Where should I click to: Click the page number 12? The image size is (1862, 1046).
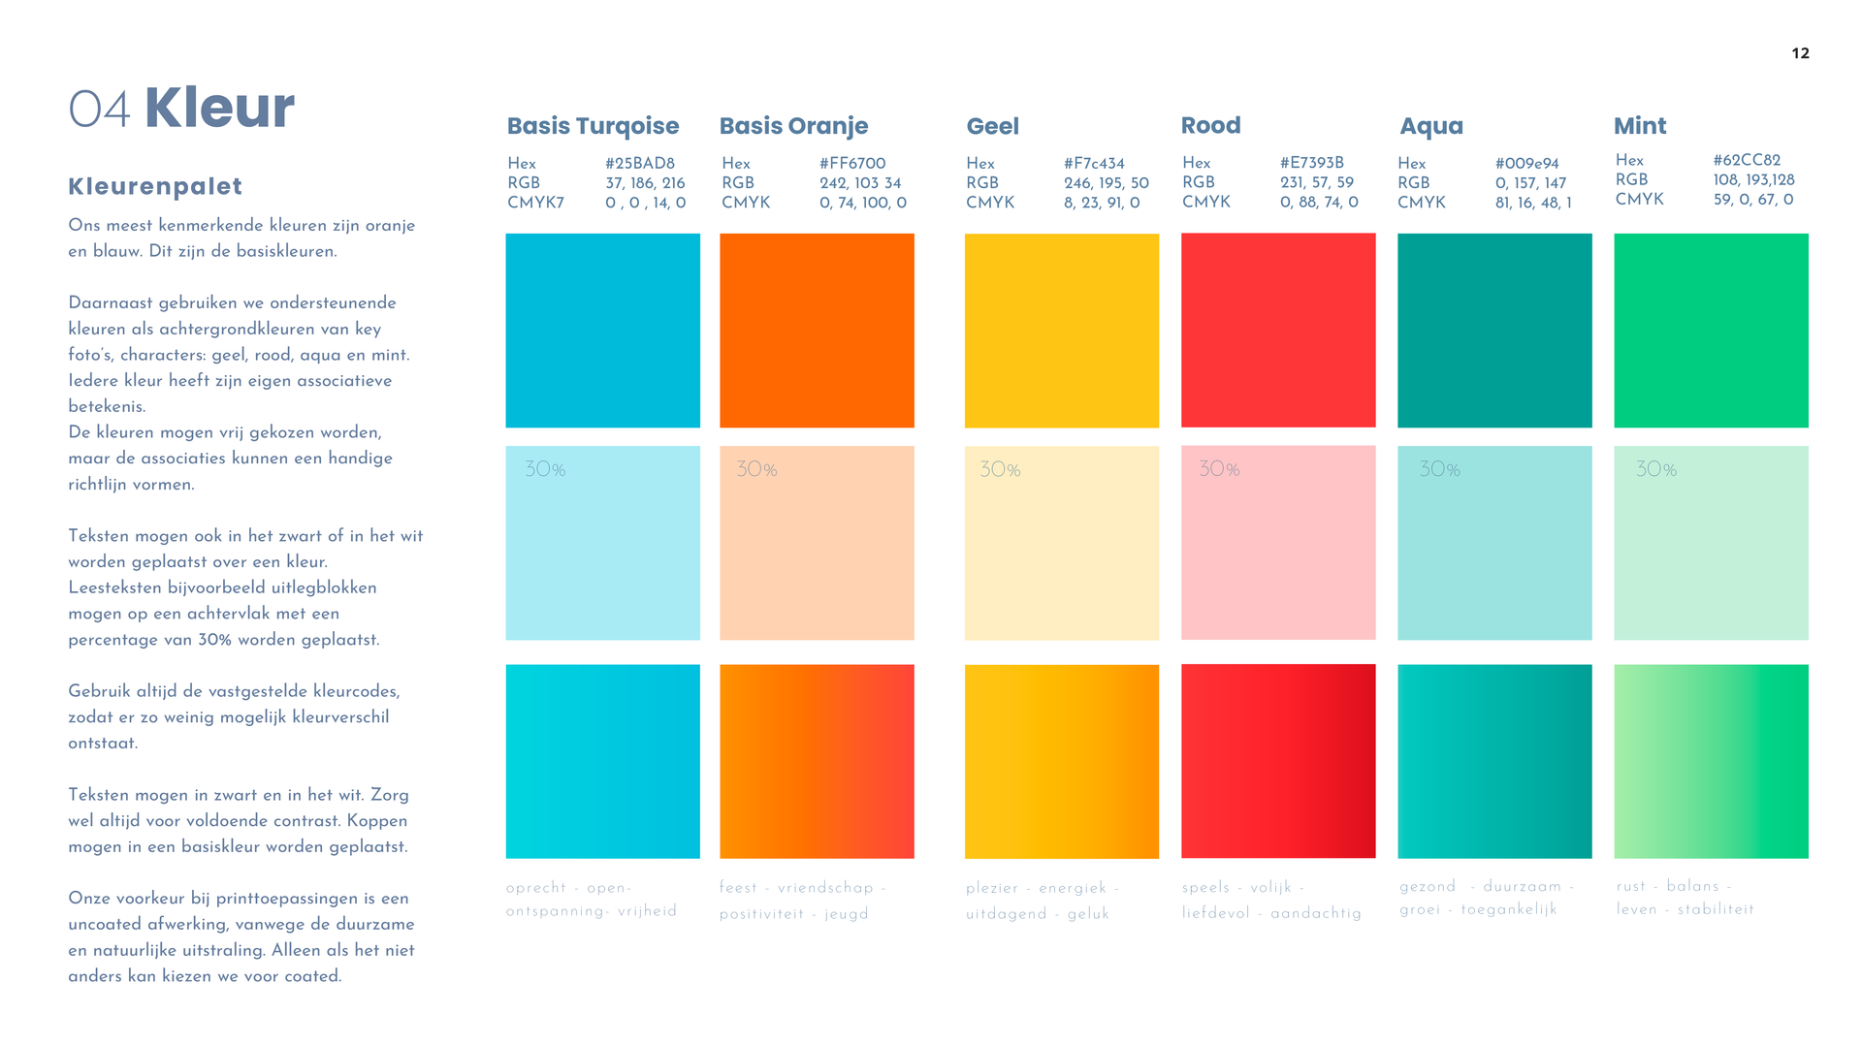tap(1800, 53)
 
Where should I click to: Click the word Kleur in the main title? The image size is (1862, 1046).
tap(219, 107)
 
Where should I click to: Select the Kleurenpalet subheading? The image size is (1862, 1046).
tap(155, 186)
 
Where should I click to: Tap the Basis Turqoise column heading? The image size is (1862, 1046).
tap(593, 126)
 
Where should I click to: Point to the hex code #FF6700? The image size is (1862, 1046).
tap(852, 163)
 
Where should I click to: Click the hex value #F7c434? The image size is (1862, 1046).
tap(1094, 163)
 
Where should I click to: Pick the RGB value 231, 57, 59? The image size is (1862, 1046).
tap(1317, 182)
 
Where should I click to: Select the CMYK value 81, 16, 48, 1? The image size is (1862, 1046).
tap(1533, 203)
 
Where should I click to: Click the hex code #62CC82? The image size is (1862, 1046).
tap(1747, 160)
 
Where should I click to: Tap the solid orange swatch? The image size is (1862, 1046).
tap(817, 331)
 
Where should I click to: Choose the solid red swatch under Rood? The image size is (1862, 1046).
tap(1278, 331)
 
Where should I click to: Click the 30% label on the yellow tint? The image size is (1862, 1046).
tap(1000, 470)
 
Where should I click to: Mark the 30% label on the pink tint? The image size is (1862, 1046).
tap(1219, 469)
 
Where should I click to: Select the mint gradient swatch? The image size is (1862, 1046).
tap(1711, 761)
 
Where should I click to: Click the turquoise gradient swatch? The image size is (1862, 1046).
tap(602, 761)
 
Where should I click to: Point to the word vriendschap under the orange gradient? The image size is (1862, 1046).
tap(825, 888)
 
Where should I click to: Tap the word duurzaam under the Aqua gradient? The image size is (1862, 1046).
tap(1523, 887)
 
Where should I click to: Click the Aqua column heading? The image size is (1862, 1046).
tap(1431, 126)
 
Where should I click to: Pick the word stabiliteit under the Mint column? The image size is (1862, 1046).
tap(1716, 909)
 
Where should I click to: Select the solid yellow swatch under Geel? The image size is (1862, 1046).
tap(1062, 331)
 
